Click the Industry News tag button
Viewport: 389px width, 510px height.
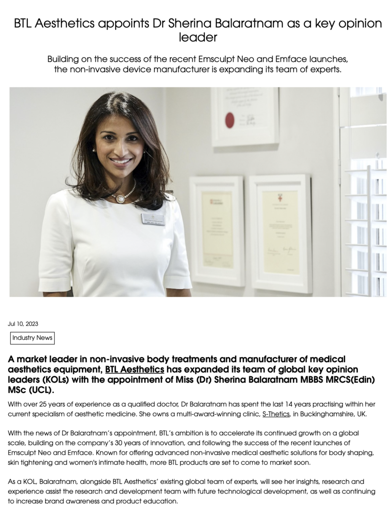tap(33, 338)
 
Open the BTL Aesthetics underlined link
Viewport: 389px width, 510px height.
tap(134, 369)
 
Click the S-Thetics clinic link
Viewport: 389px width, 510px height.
tap(276, 414)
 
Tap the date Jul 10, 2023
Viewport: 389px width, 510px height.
tap(23, 324)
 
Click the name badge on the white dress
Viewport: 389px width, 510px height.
tap(153, 219)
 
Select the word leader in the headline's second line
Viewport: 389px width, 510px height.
tap(198, 37)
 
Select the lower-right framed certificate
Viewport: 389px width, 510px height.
tap(280, 233)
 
